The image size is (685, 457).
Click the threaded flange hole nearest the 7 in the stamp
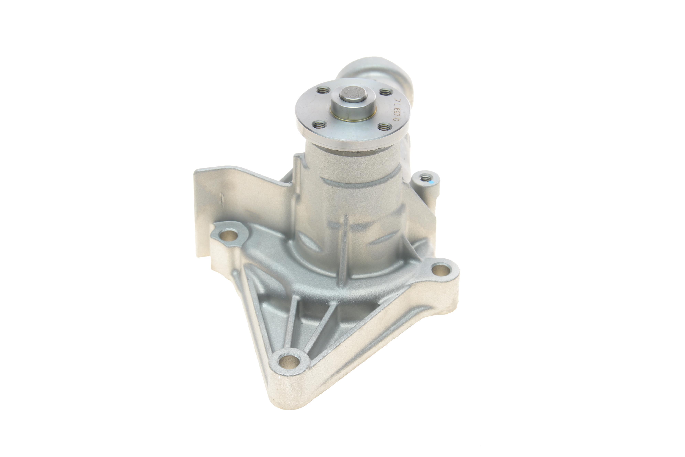coord(386,93)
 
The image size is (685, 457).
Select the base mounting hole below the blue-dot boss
coord(441,269)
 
